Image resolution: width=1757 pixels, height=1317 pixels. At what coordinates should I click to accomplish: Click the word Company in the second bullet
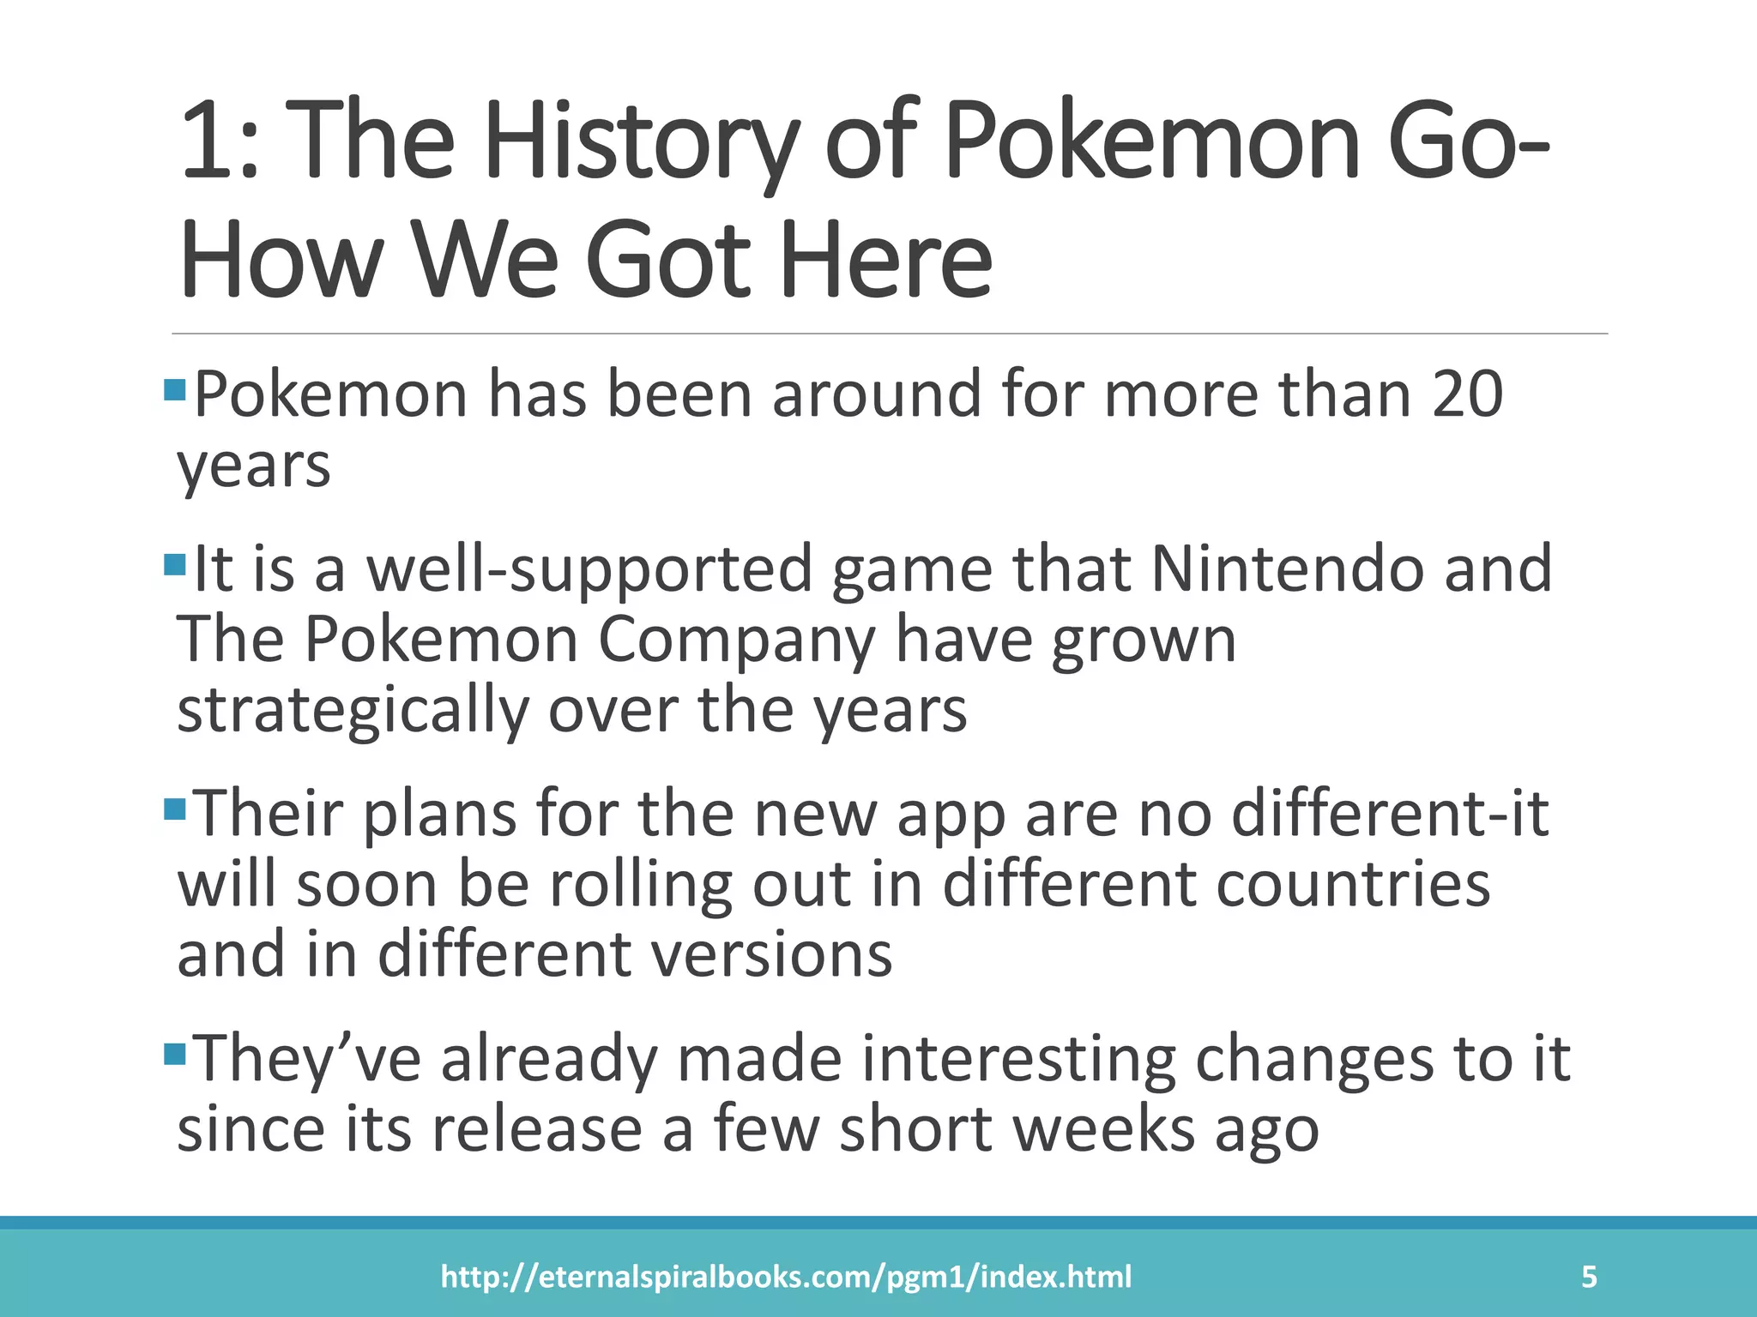pos(736,640)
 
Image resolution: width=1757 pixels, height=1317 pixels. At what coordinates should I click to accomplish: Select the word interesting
pos(1018,1060)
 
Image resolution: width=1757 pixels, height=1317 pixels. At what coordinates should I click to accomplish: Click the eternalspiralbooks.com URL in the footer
pos(786,1277)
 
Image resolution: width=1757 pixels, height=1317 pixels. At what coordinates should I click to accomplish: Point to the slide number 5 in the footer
pos(1589,1277)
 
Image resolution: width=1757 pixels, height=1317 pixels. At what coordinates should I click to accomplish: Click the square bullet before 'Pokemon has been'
pos(174,390)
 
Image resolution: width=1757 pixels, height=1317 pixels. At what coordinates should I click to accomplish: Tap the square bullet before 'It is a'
pos(174,565)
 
